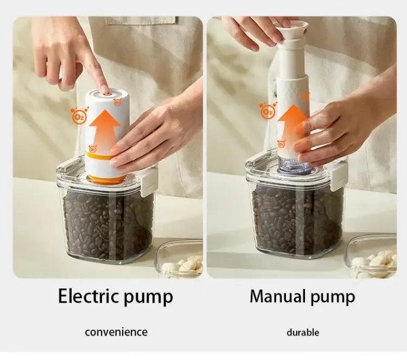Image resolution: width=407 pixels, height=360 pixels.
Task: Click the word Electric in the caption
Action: (x=88, y=295)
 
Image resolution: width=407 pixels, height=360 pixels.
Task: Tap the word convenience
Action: (x=116, y=332)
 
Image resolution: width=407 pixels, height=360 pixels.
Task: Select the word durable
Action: (x=303, y=332)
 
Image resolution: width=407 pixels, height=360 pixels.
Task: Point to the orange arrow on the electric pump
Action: (x=104, y=130)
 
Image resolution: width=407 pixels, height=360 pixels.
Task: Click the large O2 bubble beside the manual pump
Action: (x=266, y=111)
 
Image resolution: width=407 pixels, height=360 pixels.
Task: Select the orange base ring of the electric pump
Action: (x=106, y=179)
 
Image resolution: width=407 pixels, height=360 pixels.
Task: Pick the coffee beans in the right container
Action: (x=297, y=218)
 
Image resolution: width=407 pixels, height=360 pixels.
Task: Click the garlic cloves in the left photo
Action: (x=182, y=265)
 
